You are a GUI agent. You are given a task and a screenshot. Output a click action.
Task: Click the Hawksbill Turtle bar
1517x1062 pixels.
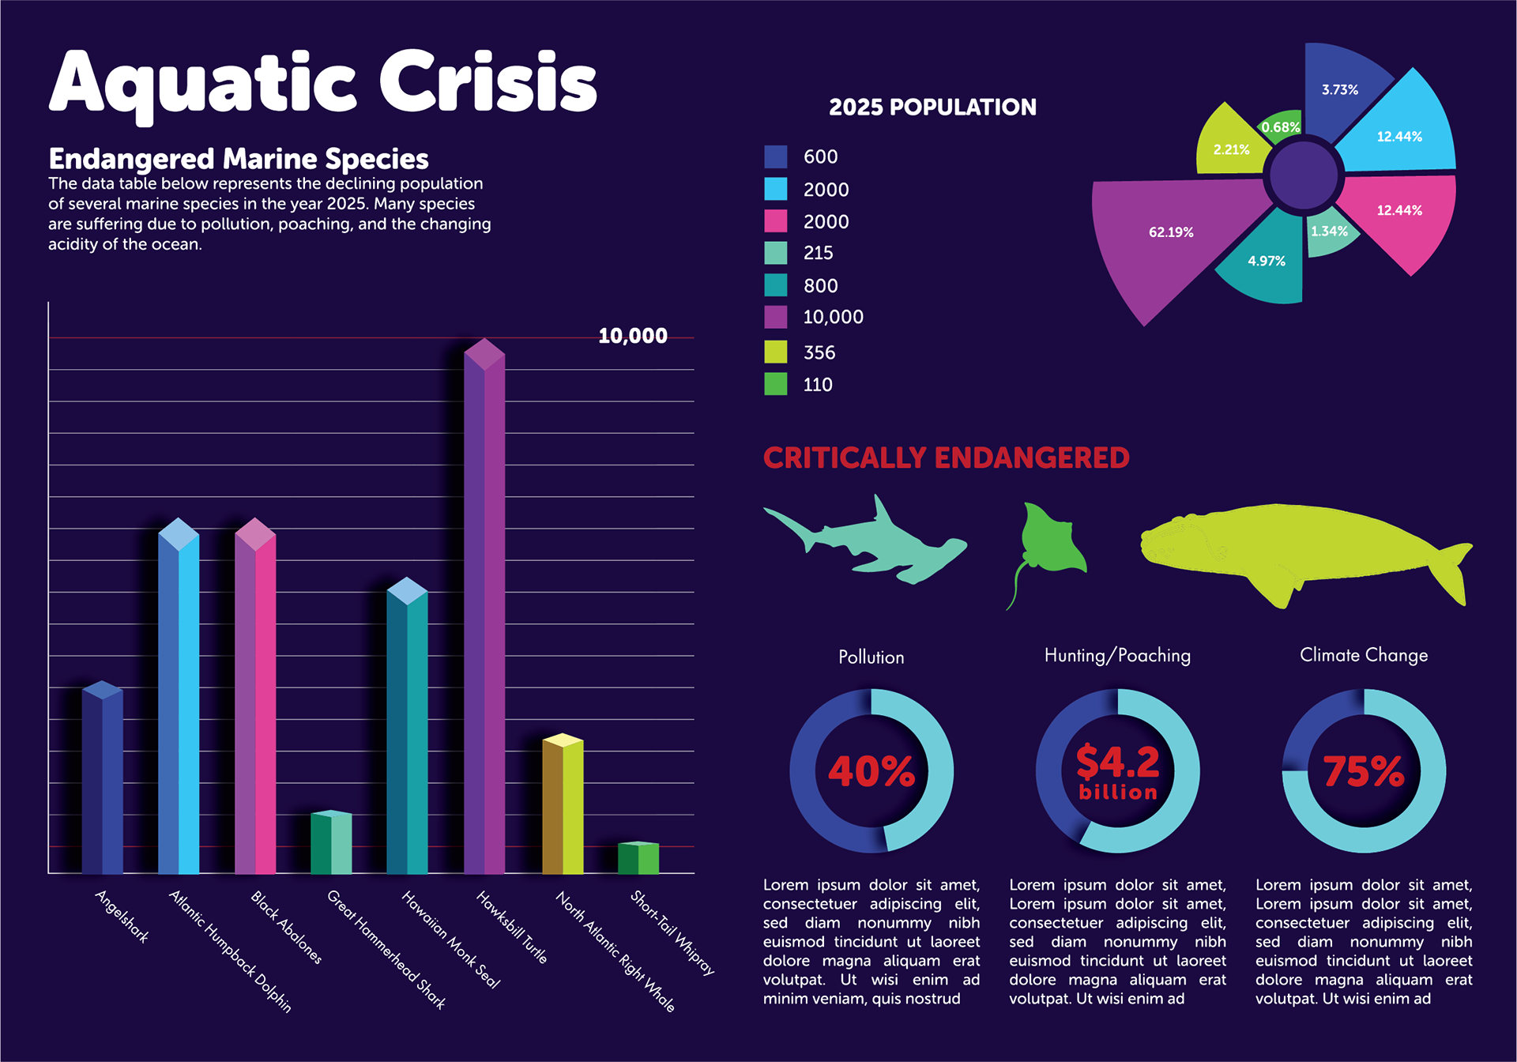tap(484, 616)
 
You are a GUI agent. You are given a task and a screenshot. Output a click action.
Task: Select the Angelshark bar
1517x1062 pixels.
tap(103, 782)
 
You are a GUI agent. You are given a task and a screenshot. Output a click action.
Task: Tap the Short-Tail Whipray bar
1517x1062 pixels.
tap(638, 859)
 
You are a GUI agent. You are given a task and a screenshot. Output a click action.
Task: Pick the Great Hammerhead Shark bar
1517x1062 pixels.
tap(331, 844)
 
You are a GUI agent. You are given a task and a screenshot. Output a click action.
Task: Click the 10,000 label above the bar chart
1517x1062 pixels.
tap(632, 336)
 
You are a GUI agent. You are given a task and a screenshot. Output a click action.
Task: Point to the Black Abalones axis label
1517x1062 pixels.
tap(286, 927)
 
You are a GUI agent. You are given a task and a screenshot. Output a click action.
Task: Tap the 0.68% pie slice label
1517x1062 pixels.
tap(1280, 127)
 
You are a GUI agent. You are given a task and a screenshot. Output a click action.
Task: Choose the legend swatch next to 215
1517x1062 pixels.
tap(776, 253)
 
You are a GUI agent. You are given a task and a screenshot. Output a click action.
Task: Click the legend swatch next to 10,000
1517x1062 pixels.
tap(776, 317)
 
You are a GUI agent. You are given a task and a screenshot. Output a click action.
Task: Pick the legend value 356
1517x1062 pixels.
tap(819, 352)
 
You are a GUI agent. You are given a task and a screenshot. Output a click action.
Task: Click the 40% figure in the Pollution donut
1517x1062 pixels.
tap(871, 771)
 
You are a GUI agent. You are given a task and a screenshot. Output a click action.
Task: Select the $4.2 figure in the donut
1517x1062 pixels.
tap(1117, 763)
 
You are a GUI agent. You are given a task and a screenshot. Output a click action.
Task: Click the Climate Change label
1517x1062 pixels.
tap(1364, 655)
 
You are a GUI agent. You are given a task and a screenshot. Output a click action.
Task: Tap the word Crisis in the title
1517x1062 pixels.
tap(487, 82)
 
